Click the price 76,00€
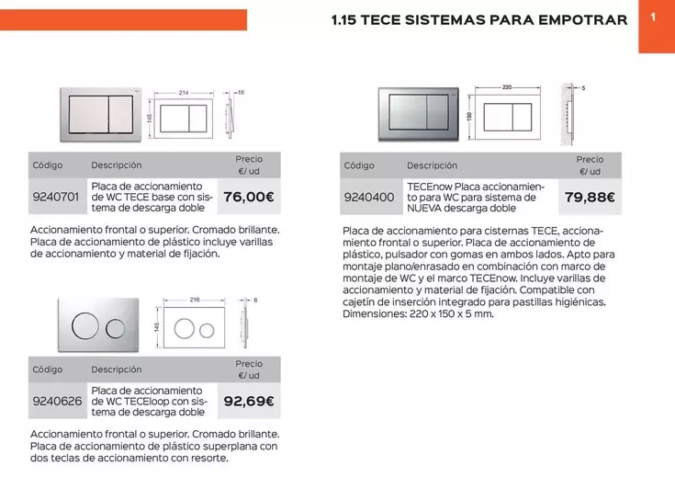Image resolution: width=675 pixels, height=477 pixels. coord(249,197)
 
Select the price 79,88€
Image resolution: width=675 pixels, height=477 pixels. coord(590,197)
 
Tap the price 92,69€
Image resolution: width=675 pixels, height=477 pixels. coord(249,401)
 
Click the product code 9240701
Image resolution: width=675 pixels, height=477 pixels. coord(57,197)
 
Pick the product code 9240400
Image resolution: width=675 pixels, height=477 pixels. coord(368,197)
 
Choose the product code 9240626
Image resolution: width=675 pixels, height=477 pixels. coord(57,401)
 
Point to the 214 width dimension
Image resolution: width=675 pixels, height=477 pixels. coord(184,93)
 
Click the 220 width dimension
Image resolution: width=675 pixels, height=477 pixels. coord(507,87)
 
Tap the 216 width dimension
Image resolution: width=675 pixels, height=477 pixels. coord(194,300)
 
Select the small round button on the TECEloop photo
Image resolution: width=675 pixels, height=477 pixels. coord(116,328)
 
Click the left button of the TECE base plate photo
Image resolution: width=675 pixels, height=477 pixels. coord(85,117)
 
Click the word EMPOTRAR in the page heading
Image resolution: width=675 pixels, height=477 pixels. coord(582,19)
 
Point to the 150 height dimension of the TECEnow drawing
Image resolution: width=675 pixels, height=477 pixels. coord(468,117)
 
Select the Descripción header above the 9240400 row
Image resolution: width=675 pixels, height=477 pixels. coord(432,165)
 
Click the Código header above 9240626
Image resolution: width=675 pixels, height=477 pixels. coord(48,369)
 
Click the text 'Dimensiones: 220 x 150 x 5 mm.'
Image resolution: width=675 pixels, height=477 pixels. coord(418,313)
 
